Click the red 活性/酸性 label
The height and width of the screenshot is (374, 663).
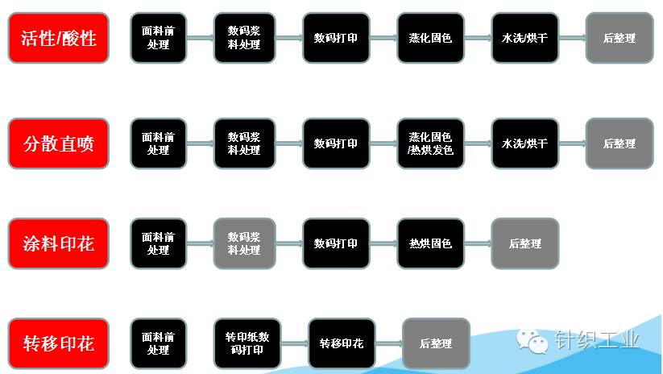click(58, 38)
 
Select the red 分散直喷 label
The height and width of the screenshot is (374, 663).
click(58, 143)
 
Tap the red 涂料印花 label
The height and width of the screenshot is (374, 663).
click(58, 243)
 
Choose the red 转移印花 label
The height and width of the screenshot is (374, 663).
click(58, 343)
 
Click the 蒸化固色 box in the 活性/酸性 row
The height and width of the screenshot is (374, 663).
click(430, 38)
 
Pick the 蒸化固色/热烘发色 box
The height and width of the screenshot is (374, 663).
click(430, 143)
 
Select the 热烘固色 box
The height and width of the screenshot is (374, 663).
click(430, 243)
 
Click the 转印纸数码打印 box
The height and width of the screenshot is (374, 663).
click(247, 343)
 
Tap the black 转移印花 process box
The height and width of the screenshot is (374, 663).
click(341, 343)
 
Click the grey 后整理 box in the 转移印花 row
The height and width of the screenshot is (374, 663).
click(436, 343)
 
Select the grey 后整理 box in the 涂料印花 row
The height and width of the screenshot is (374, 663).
click(525, 243)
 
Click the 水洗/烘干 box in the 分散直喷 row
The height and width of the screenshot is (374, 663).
click(524, 143)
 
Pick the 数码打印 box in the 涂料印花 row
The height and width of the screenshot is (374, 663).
click(336, 243)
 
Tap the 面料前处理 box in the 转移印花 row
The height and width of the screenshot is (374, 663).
click(158, 343)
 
